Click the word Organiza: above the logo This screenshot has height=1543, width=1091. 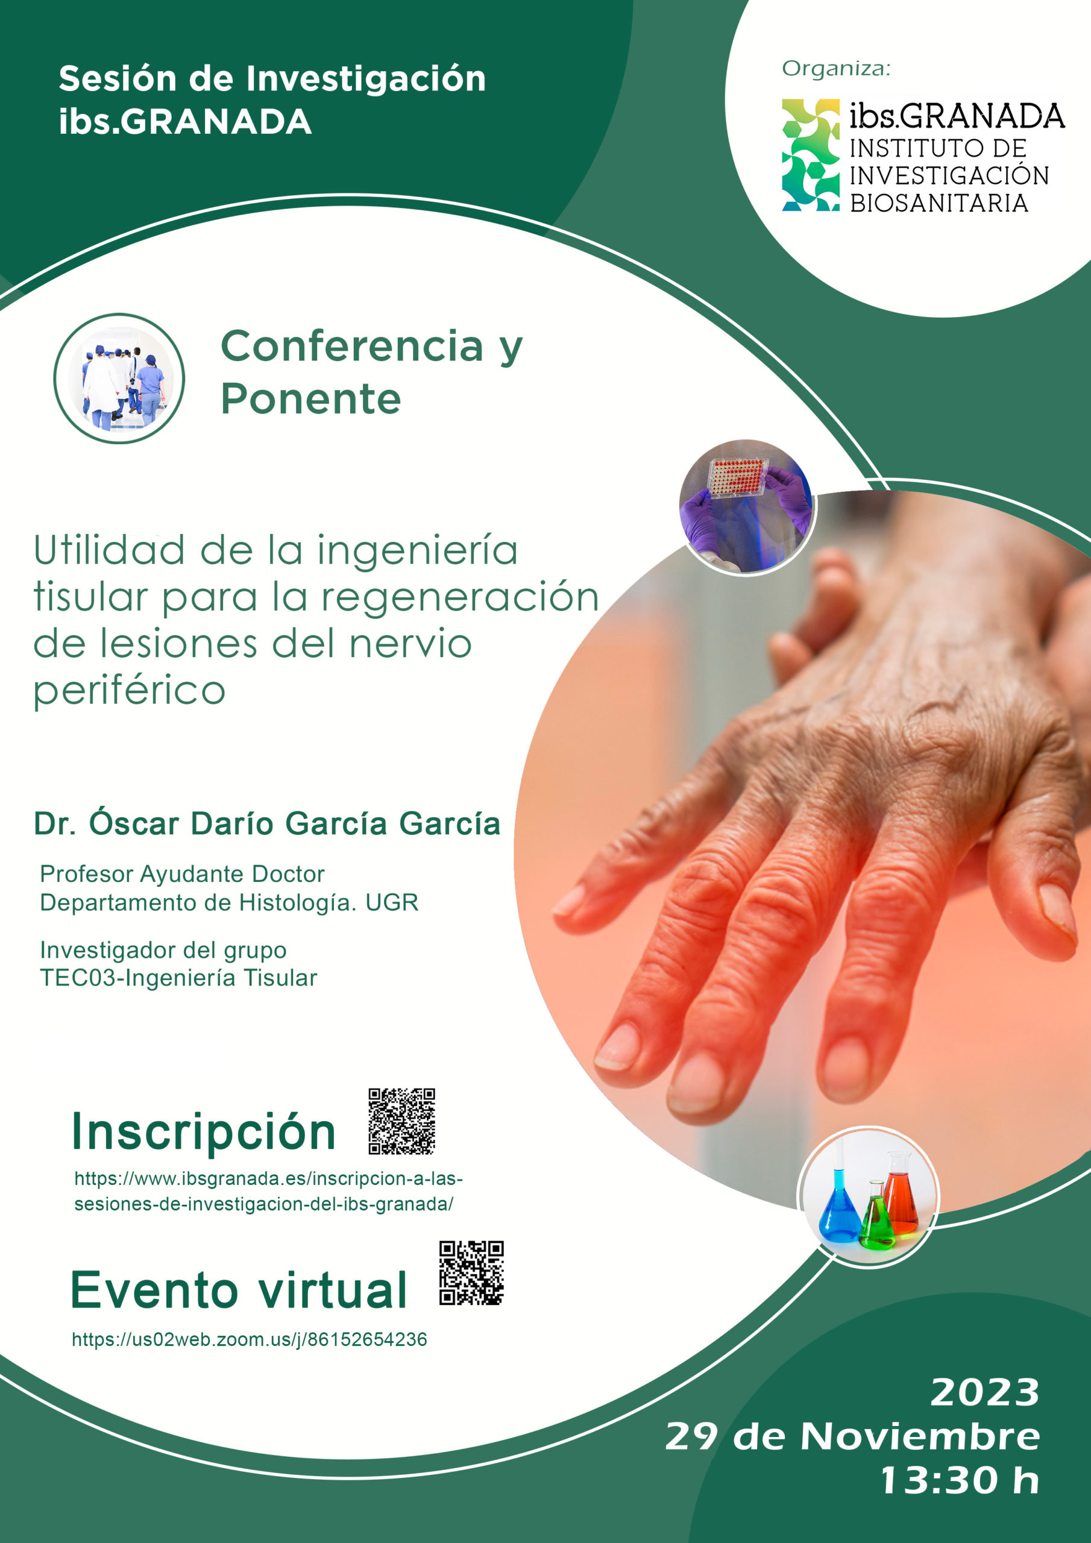pyautogui.click(x=835, y=69)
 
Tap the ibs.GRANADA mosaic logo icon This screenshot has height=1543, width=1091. pyautogui.click(x=811, y=156)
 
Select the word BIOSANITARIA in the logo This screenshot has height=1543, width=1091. pyautogui.click(x=939, y=203)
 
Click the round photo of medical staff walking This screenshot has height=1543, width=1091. pyautogui.click(x=119, y=379)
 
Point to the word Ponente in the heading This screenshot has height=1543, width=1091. pyautogui.click(x=310, y=399)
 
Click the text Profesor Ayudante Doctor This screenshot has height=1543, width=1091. pyautogui.click(x=182, y=873)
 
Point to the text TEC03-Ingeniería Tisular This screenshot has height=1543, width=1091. pyautogui.click(x=178, y=978)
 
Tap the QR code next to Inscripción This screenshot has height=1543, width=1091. pyautogui.click(x=401, y=1121)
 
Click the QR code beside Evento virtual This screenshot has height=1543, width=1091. pyautogui.click(x=471, y=1273)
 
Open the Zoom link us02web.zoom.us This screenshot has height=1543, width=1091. pyautogui.click(x=250, y=1339)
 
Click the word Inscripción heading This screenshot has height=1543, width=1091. pyautogui.click(x=204, y=1132)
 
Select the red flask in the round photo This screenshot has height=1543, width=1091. pyautogui.click(x=901, y=1194)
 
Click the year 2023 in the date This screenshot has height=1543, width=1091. pyautogui.click(x=985, y=1392)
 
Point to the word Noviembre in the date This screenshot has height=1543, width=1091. pyautogui.click(x=920, y=1436)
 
